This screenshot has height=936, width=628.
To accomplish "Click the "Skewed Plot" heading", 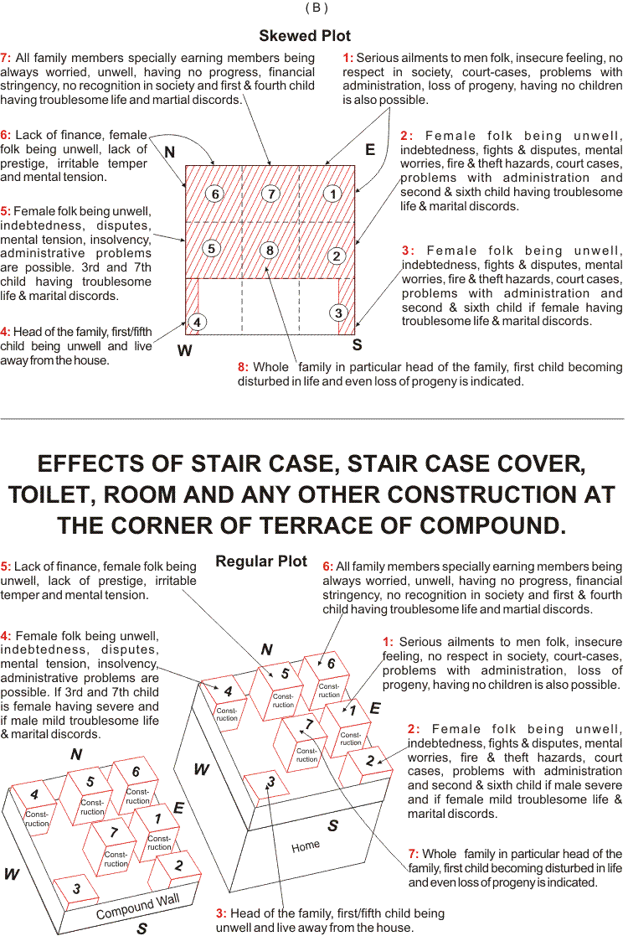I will click(305, 36).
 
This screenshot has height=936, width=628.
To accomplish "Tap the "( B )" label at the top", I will click(315, 8).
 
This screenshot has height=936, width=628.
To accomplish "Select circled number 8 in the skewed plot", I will click(268, 250).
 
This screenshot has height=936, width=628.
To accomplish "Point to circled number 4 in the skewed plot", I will click(196, 322).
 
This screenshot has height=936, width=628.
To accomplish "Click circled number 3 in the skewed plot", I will click(338, 313).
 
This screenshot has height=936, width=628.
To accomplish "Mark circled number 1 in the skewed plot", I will click(333, 194).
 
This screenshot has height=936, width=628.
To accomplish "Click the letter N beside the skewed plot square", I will click(170, 153).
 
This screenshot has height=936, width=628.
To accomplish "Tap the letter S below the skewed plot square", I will click(357, 344).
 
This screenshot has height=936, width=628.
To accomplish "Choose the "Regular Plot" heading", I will click(261, 561).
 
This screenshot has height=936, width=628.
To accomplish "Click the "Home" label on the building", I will click(306, 846).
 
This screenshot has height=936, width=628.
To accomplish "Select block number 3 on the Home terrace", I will click(270, 783).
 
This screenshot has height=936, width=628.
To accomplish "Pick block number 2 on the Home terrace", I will click(369, 761).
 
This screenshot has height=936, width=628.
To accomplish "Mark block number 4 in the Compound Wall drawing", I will click(34, 794).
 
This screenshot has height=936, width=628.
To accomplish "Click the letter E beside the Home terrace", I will click(374, 708).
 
